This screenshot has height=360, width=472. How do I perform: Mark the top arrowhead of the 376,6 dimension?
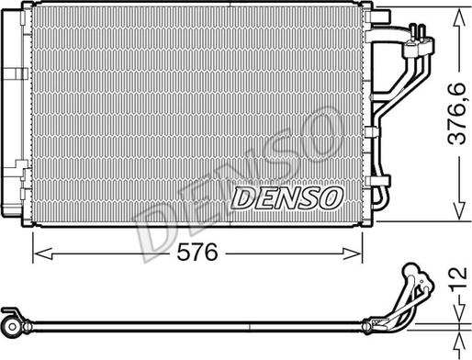[x=456, y=17]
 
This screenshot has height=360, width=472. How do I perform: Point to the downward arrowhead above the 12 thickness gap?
[x=456, y=312]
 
